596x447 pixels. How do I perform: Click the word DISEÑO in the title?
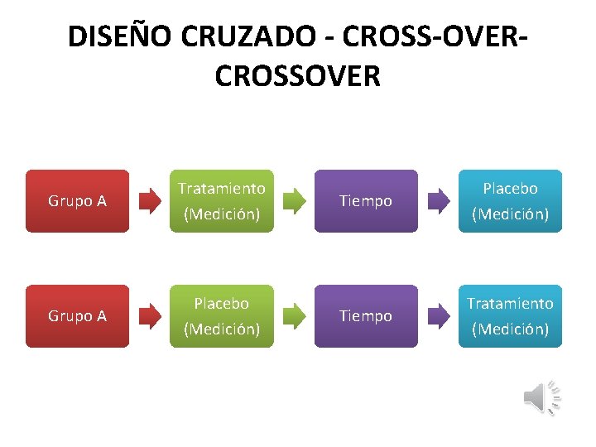[115, 37]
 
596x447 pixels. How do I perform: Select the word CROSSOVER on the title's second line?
[297, 75]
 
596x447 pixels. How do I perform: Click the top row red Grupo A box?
[77, 201]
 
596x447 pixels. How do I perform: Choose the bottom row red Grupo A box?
[77, 316]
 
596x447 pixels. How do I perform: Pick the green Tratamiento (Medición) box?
[222, 201]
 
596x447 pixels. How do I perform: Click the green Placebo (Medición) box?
[222, 316]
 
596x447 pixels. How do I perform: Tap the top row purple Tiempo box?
[366, 201]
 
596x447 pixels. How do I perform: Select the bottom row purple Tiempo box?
[366, 316]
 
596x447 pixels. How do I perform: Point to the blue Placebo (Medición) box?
[510, 201]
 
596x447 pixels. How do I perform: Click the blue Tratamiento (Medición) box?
[510, 316]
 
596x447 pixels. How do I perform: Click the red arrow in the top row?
[150, 201]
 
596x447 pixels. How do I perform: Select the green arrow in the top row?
[294, 201]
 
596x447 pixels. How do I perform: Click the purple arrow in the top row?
[438, 201]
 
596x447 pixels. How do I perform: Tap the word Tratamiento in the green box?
[222, 189]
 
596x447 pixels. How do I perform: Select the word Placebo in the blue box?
[510, 189]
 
